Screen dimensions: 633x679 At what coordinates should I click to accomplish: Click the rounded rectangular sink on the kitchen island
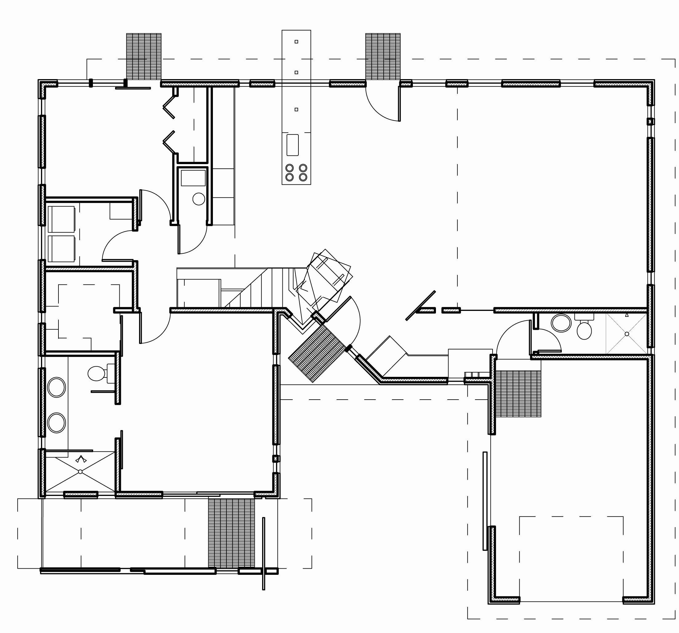292,145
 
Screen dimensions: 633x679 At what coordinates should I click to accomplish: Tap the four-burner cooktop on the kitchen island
296,173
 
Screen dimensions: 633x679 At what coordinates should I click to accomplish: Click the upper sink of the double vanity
56,387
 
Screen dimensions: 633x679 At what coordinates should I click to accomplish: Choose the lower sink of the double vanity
56,423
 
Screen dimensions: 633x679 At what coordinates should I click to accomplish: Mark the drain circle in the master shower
80,472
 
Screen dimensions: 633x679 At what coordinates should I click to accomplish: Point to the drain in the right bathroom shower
627,334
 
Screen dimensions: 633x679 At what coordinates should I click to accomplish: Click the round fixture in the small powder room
198,199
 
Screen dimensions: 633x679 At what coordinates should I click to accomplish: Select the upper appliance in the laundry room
62,219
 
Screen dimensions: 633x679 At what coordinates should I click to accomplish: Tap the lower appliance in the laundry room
62,249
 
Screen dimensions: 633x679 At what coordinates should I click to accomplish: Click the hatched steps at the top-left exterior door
144,56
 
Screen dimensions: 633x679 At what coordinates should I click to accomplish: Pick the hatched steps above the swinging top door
382,56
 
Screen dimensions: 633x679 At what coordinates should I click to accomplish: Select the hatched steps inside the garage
518,393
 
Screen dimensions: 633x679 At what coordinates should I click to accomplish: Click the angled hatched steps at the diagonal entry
318,354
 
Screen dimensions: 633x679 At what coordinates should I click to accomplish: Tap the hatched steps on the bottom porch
231,533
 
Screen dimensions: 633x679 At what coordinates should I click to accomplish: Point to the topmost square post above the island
296,42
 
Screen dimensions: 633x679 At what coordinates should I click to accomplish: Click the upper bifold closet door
169,107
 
